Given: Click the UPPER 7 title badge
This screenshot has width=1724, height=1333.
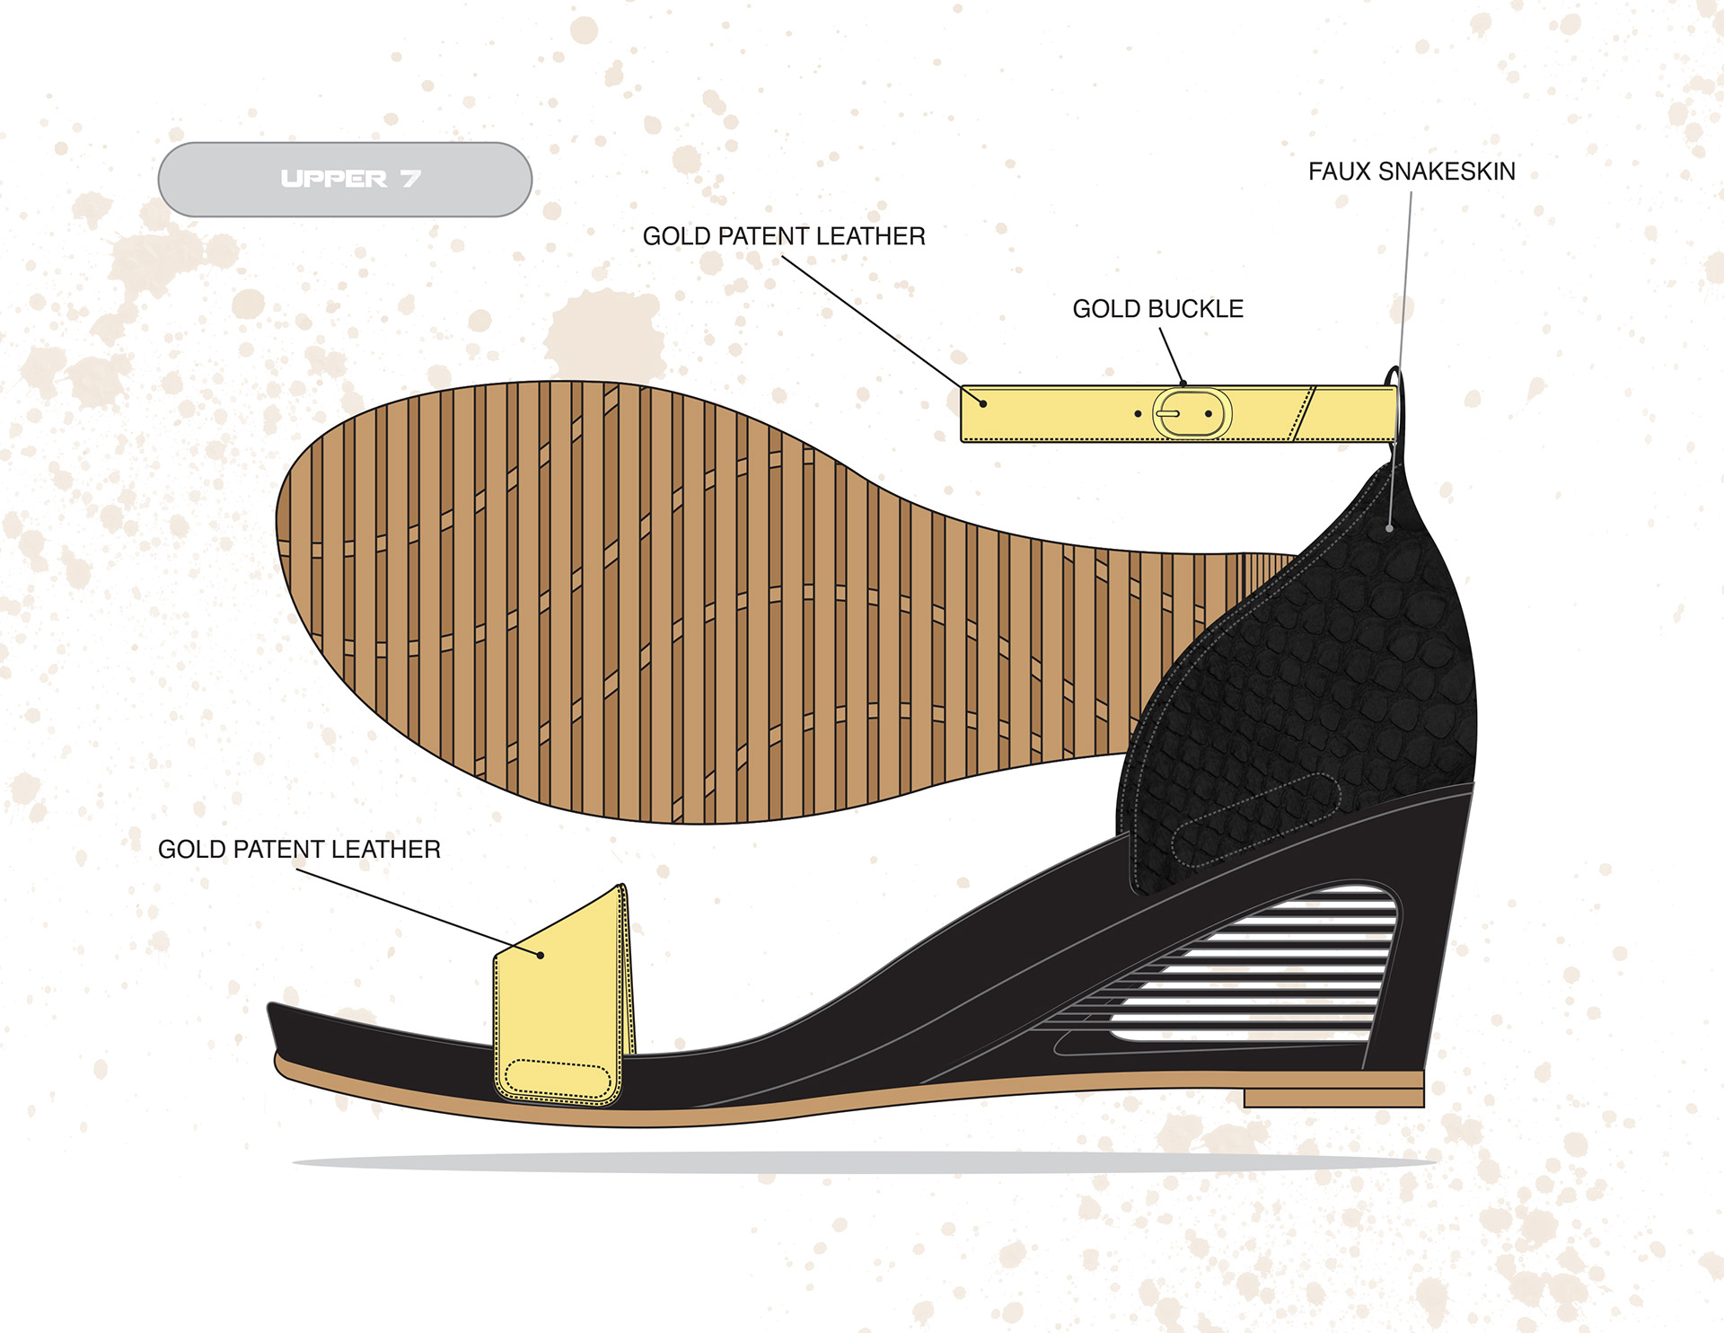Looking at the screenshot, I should click(x=345, y=179).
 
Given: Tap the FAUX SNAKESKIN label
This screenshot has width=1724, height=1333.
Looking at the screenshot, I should click(x=1411, y=172).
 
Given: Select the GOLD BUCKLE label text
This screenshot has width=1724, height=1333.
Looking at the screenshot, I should click(x=1157, y=309).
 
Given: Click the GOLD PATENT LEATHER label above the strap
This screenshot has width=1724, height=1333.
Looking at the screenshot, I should click(x=783, y=236).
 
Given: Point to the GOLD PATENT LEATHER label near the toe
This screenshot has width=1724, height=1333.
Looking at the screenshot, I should click(x=299, y=850).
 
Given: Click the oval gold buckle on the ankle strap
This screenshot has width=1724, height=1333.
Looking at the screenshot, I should click(x=1192, y=414).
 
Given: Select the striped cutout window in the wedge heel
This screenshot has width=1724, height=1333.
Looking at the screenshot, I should click(x=1275, y=970).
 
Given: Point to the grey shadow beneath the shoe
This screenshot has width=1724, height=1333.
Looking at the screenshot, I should click(x=862, y=1162).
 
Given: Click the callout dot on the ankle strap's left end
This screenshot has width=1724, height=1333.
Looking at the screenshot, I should click(x=983, y=404).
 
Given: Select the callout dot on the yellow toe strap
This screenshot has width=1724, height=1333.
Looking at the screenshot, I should click(x=541, y=955).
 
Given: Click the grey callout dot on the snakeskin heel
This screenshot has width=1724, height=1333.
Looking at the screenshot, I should click(x=1390, y=528).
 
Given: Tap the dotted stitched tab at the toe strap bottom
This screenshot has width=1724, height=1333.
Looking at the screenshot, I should click(x=558, y=1077).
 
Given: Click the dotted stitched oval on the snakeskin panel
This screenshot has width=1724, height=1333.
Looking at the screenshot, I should click(x=1257, y=819).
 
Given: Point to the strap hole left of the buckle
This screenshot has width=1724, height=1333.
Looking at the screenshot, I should click(x=1138, y=414).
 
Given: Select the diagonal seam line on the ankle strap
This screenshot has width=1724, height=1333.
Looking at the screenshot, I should click(x=1304, y=413).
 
